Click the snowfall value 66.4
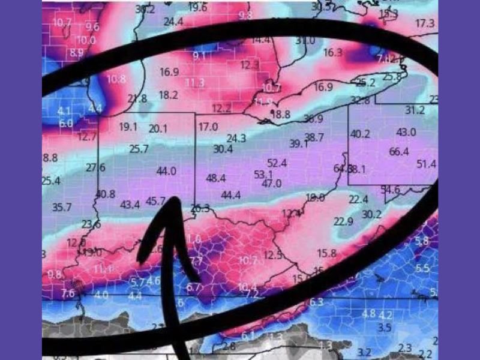(x=398, y=151)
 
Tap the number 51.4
(x=427, y=164)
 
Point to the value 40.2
(x=360, y=134)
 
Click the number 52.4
(x=277, y=163)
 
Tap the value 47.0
(x=272, y=183)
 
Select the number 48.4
(x=215, y=178)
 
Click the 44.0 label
(x=166, y=171)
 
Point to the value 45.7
(x=157, y=200)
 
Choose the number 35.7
(x=62, y=208)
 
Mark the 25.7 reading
(x=139, y=149)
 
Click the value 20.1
(x=158, y=128)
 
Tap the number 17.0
(x=208, y=127)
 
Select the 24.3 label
(x=236, y=138)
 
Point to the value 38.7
(x=314, y=137)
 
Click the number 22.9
(x=343, y=221)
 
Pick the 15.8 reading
(x=327, y=253)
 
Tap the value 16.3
(x=332, y=53)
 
